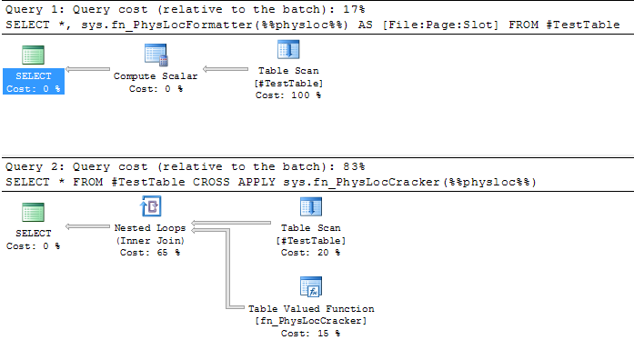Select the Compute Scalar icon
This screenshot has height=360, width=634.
(155, 55)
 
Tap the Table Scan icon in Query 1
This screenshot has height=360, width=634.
(287, 54)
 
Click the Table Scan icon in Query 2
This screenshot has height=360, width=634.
(311, 210)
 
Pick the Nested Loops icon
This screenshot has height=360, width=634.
(150, 210)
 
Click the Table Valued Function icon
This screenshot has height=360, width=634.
(311, 289)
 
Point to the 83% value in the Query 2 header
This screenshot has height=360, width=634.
(353, 167)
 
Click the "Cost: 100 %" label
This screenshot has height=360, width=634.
(287, 95)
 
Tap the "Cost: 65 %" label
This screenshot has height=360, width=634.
(150, 253)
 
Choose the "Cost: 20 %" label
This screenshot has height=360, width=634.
(311, 253)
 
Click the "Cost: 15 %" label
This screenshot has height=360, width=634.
(311, 334)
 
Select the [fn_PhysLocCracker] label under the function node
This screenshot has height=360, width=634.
(311, 321)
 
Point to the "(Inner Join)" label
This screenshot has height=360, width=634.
(150, 240)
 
